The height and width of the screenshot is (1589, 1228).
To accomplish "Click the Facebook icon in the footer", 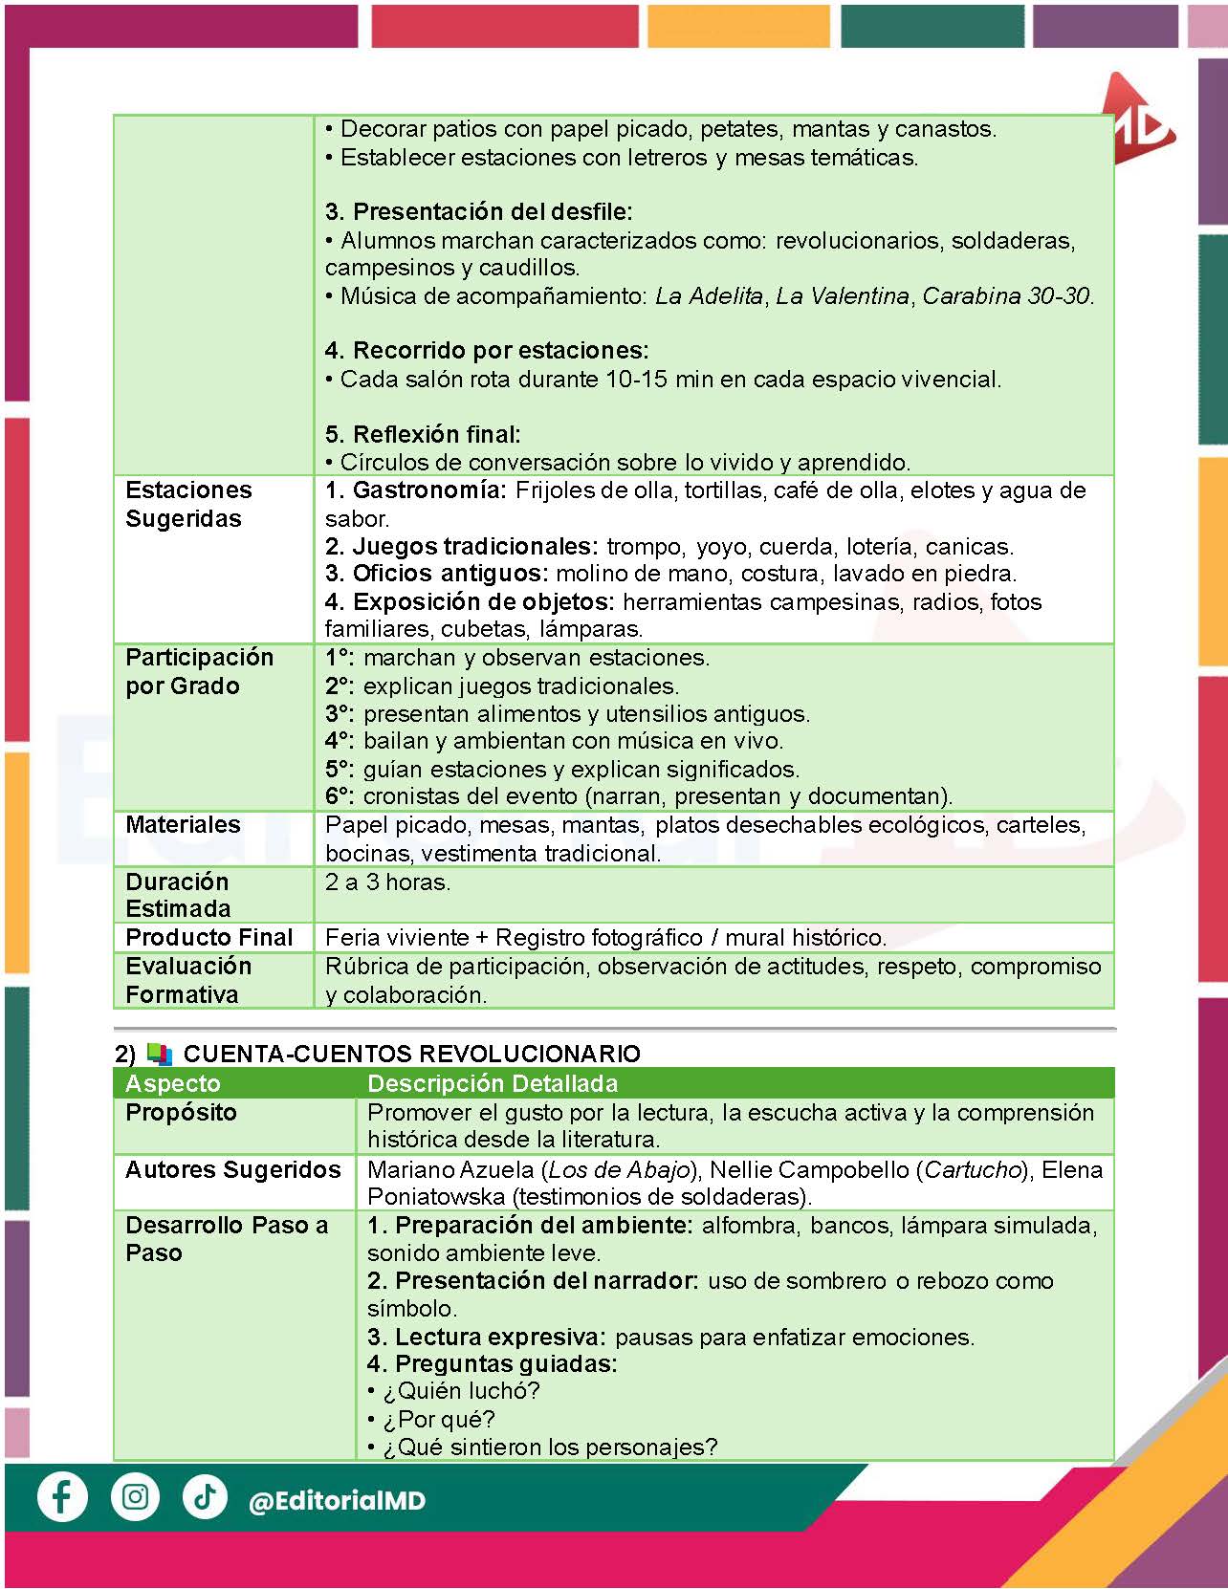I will pyautogui.click(x=62, y=1496).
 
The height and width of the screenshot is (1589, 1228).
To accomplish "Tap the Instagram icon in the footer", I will pyautogui.click(x=135, y=1496).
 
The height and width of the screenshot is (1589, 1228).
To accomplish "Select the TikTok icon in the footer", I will pyautogui.click(x=204, y=1496).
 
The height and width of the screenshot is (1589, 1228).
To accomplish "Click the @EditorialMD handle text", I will pyautogui.click(x=337, y=1501).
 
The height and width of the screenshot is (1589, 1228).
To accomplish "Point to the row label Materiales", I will pyautogui.click(x=183, y=824).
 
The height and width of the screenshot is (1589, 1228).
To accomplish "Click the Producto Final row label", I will pyautogui.click(x=208, y=937).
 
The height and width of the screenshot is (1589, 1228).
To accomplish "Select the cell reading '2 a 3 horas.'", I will pyautogui.click(x=387, y=882).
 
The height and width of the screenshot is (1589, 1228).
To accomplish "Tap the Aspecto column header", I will pyautogui.click(x=172, y=1083).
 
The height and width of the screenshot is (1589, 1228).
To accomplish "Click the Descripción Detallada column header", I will pyautogui.click(x=493, y=1083).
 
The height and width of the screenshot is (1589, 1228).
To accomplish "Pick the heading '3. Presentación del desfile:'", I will pyautogui.click(x=478, y=211).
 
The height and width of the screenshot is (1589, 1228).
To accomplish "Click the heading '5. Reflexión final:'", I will pyautogui.click(x=423, y=434).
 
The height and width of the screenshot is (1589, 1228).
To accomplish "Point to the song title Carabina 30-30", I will pyautogui.click(x=1006, y=296).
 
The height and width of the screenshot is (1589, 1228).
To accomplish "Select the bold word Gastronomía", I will pyautogui.click(x=428, y=490).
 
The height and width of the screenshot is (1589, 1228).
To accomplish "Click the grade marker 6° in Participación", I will pyautogui.click(x=339, y=796).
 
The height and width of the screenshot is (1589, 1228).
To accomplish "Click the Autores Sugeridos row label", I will pyautogui.click(x=232, y=1169).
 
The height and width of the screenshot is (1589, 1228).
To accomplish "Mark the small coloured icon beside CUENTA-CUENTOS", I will pyautogui.click(x=160, y=1055).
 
